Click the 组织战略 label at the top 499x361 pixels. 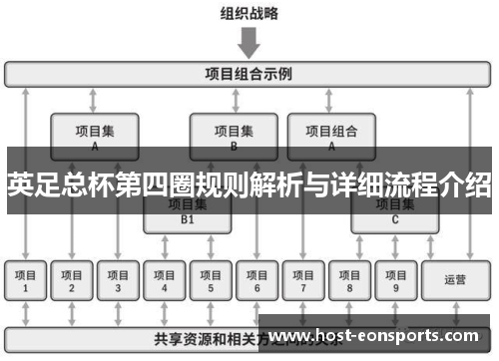click(x=249, y=13)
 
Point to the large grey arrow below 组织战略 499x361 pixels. click(x=249, y=43)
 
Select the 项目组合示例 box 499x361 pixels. click(x=249, y=74)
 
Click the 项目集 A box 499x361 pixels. click(x=94, y=136)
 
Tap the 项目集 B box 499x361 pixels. click(x=234, y=136)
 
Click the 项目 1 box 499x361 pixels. click(x=26, y=280)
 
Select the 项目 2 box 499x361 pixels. click(x=72, y=280)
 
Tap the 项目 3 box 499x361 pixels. click(x=118, y=280)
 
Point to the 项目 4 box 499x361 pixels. click(x=165, y=280)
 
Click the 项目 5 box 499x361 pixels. click(x=211, y=280)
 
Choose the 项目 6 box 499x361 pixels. click(x=256, y=280)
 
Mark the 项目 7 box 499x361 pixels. click(x=303, y=280)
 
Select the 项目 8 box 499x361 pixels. click(x=349, y=280)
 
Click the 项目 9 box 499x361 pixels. click(x=395, y=280)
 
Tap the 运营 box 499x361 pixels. click(x=455, y=280)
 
